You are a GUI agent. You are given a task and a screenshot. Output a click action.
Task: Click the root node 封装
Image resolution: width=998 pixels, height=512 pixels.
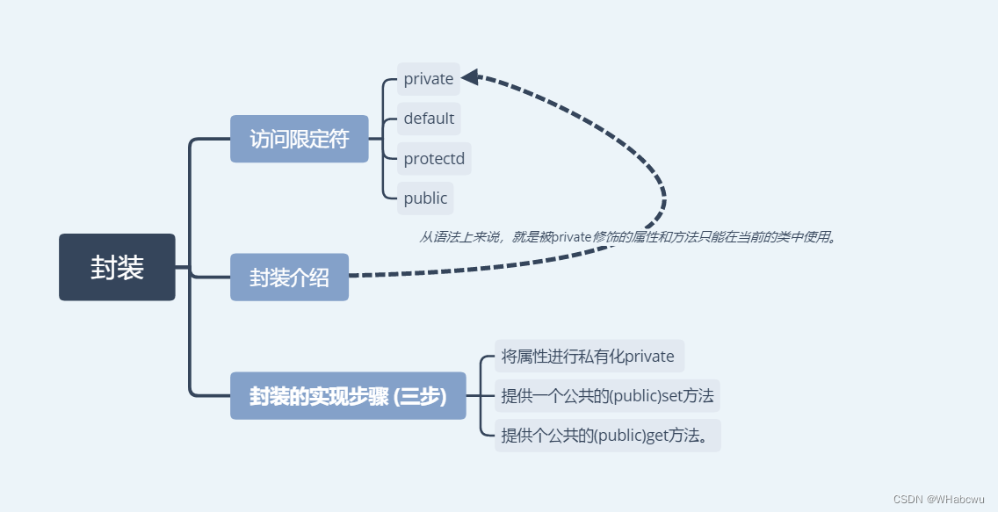pyautogui.click(x=117, y=267)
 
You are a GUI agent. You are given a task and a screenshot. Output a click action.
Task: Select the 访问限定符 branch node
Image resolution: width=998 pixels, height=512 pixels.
pyautogui.click(x=299, y=139)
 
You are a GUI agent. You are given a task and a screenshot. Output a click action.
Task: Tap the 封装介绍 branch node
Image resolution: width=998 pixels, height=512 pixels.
pyautogui.click(x=289, y=278)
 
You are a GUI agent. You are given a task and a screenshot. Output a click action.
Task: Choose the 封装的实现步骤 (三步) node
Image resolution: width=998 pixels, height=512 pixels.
pyautogui.click(x=348, y=396)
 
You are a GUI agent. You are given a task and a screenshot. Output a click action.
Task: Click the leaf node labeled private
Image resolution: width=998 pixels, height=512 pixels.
pyautogui.click(x=429, y=79)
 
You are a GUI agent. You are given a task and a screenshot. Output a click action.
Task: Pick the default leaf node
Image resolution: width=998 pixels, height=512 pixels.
pyautogui.click(x=429, y=119)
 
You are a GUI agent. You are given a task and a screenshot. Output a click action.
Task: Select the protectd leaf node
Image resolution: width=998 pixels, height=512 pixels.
pyautogui.click(x=434, y=159)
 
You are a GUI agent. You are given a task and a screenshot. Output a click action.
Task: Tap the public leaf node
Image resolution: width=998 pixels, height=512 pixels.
pyautogui.click(x=425, y=198)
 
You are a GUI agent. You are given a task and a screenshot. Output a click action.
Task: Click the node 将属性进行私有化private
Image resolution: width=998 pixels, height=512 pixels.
pyautogui.click(x=588, y=357)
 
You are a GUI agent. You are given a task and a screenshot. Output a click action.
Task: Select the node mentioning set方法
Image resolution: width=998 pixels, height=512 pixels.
pyautogui.click(x=607, y=396)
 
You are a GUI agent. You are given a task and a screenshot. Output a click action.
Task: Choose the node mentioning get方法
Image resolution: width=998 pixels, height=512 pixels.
pyautogui.click(x=607, y=436)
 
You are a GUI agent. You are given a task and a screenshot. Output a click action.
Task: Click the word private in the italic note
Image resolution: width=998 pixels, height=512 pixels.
pyautogui.click(x=572, y=237)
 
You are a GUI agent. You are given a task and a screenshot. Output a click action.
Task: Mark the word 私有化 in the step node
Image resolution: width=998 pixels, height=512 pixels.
pyautogui.click(x=601, y=357)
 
